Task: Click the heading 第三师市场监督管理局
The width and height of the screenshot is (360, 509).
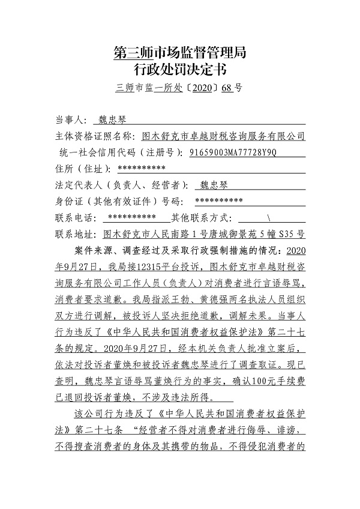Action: pyautogui.click(x=179, y=53)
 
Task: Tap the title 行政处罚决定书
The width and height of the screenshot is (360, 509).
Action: pyautogui.click(x=179, y=70)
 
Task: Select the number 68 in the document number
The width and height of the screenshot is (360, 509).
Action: pyautogui.click(x=226, y=88)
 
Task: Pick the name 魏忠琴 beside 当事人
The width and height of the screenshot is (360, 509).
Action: pyautogui.click(x=112, y=119)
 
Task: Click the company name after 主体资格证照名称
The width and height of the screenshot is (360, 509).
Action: pyautogui.click(x=227, y=136)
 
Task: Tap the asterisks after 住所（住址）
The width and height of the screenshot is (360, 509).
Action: pyautogui.click(x=142, y=168)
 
